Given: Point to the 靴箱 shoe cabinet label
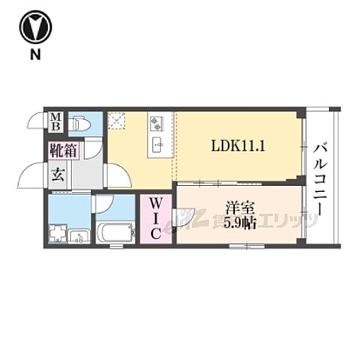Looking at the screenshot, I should pyautogui.click(x=63, y=150).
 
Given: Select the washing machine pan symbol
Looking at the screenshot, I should pyautogui.click(x=58, y=234).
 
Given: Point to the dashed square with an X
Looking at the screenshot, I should pyautogui.click(x=115, y=120).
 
